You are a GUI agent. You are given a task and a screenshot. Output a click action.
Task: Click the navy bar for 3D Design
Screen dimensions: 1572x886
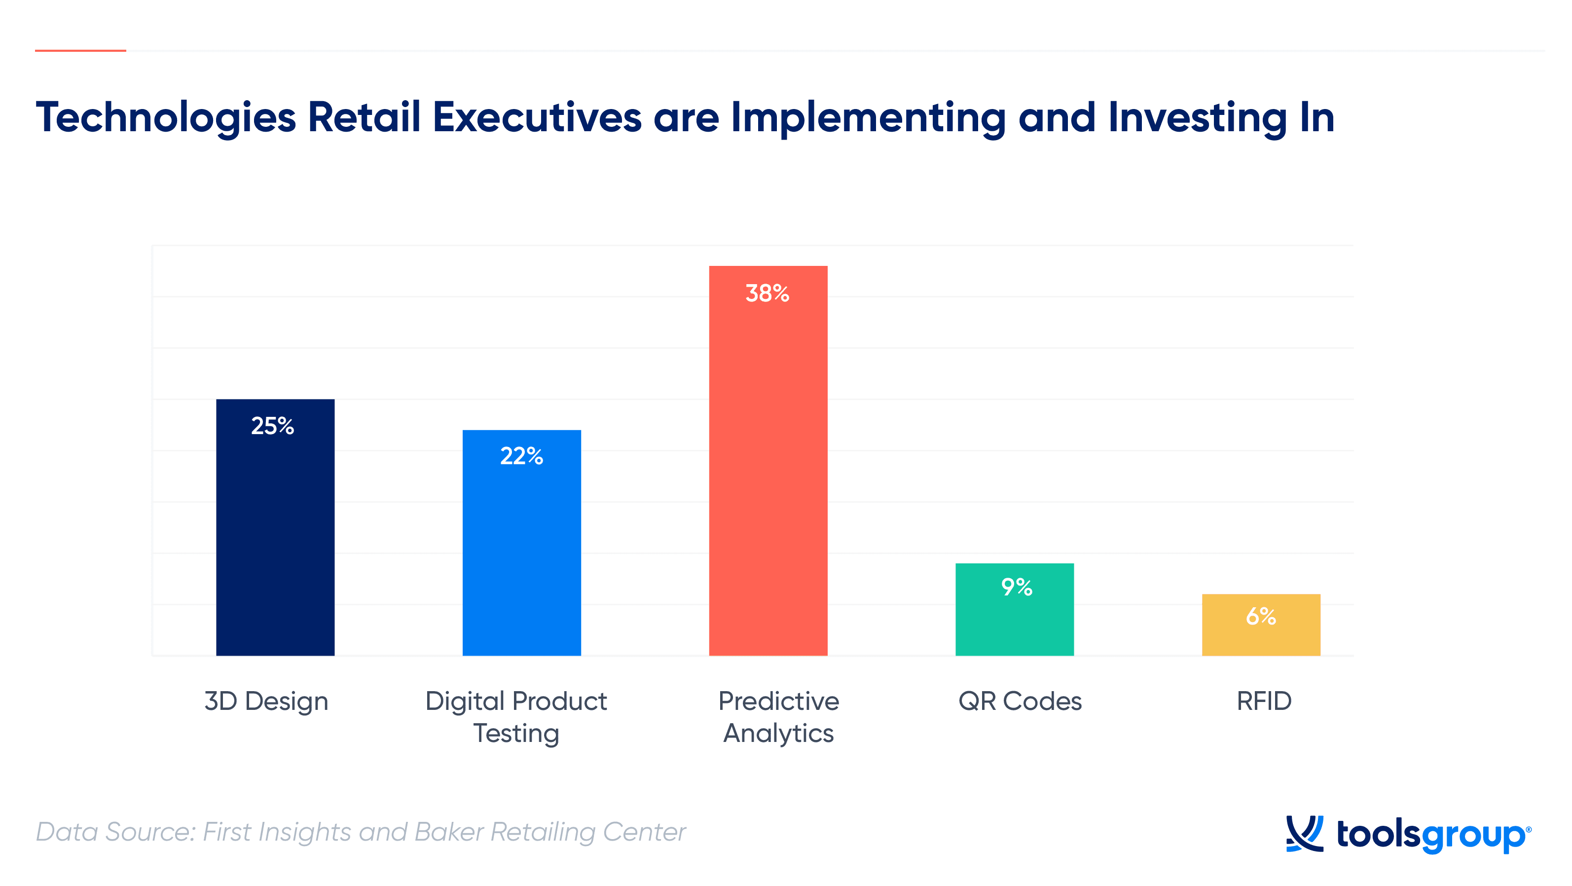[275, 527]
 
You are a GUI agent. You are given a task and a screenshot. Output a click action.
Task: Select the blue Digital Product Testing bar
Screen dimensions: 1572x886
[522, 543]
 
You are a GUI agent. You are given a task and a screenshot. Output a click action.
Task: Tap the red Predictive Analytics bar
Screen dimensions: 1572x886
[768, 461]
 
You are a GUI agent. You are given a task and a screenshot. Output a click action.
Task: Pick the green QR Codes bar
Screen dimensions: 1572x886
[1015, 610]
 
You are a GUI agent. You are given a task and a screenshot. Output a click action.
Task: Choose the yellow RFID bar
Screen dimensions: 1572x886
[1261, 625]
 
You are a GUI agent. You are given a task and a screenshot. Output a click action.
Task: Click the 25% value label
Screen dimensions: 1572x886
[273, 426]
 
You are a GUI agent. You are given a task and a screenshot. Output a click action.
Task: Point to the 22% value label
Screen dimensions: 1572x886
[522, 456]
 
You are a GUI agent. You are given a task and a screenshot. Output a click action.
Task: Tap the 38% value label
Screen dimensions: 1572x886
[768, 294]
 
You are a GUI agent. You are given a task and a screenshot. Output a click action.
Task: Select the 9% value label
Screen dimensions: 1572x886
[1017, 587]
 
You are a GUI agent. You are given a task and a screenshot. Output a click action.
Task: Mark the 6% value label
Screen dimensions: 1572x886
[1261, 616]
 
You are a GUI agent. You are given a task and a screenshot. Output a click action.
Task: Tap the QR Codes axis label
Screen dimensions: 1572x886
[1021, 701]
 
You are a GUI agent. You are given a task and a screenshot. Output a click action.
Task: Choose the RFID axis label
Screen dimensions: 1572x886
[1264, 701]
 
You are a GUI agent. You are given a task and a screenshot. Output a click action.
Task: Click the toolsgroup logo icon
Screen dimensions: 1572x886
[1305, 834]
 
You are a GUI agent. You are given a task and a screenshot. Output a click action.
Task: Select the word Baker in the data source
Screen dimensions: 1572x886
[449, 832]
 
